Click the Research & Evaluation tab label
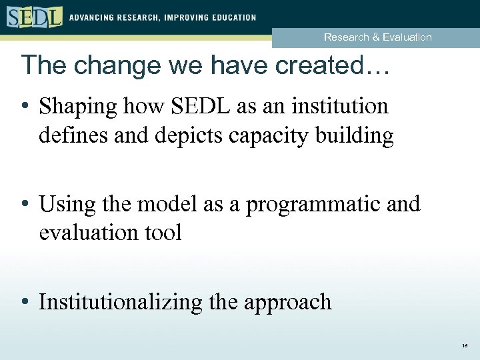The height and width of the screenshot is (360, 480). [x=377, y=37]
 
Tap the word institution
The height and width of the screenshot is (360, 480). [x=336, y=106]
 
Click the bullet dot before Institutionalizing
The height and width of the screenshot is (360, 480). [x=24, y=302]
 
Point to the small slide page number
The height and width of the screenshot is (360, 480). [x=464, y=347]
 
